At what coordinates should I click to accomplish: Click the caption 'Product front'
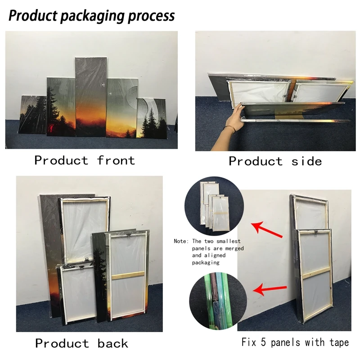(84, 160)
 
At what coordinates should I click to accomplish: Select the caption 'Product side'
(275, 161)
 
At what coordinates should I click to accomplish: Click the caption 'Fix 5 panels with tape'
(296, 343)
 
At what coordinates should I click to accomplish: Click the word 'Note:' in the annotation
(182, 242)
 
